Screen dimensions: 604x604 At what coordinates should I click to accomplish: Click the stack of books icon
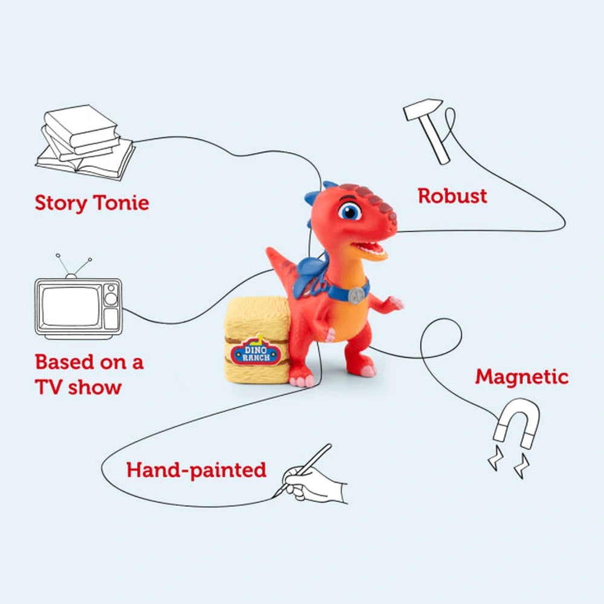tap(86, 143)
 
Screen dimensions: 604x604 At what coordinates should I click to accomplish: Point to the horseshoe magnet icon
tap(516, 424)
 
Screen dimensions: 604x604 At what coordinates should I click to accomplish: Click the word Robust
tap(452, 196)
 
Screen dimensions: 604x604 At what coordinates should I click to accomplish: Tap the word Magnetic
tap(522, 377)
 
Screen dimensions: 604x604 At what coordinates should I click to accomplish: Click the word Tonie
tap(121, 202)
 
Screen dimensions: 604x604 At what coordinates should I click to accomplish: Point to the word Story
tap(61, 204)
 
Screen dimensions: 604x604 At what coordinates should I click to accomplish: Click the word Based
tap(65, 362)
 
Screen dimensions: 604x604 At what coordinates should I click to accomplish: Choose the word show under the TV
tap(95, 387)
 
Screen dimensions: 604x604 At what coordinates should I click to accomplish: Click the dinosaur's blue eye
tap(350, 211)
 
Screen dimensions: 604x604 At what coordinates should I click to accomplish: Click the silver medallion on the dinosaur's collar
tap(356, 295)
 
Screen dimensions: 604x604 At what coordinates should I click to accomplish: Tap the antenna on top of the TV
tap(73, 266)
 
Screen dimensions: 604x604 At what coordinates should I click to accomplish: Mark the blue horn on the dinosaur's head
tap(314, 196)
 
